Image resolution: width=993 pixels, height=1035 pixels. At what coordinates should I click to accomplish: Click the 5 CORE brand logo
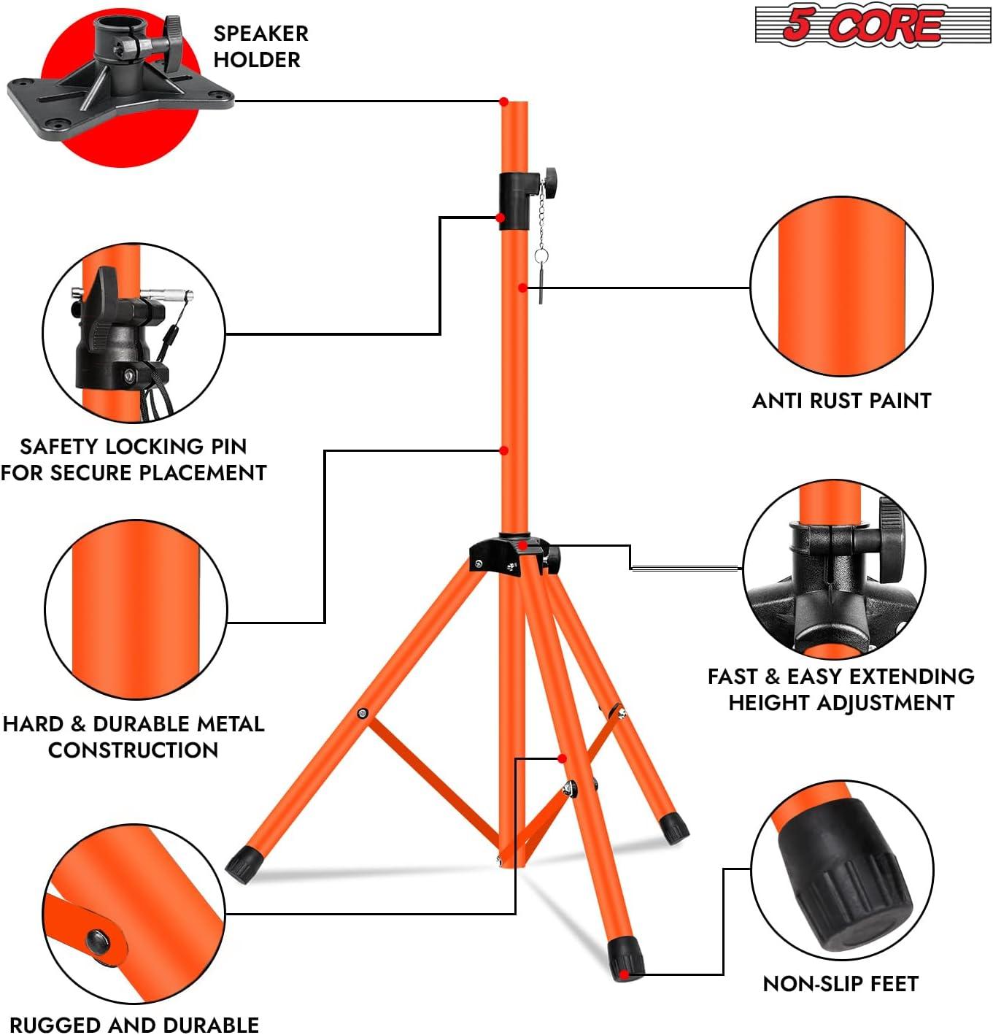click(x=872, y=25)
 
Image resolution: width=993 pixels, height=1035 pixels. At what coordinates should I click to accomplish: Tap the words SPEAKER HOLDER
click(x=260, y=46)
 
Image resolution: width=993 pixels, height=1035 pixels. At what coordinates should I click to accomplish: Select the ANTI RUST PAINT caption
click(x=841, y=401)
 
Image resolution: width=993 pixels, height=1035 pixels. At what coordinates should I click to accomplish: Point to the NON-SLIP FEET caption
click(x=840, y=984)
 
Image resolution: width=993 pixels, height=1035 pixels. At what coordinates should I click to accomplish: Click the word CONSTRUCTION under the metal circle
click(x=133, y=750)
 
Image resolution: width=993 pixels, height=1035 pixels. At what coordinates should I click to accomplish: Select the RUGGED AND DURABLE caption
click(x=134, y=1024)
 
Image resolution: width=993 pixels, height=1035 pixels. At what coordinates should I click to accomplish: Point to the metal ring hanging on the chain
click(x=541, y=256)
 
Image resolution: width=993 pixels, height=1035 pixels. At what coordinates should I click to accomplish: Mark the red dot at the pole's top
click(x=503, y=101)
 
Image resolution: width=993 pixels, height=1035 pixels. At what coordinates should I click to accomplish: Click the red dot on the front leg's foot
click(x=625, y=974)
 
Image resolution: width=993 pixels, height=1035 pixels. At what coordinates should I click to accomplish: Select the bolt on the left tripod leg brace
click(x=363, y=713)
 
